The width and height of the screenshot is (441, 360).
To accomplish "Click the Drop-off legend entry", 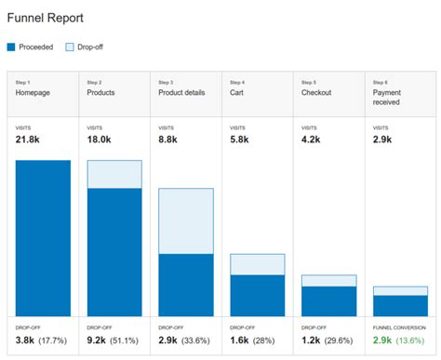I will point(88,46).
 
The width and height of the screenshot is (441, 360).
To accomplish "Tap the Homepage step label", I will point(34,93).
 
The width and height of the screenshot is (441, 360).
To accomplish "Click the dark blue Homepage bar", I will point(43,238).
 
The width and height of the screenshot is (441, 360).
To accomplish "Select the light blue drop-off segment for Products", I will point(114,174).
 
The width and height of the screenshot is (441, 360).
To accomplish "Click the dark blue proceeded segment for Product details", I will point(186,285).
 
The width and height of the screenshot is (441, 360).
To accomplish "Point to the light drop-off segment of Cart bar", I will point(258,264).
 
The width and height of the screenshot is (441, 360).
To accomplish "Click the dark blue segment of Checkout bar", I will point(328,301).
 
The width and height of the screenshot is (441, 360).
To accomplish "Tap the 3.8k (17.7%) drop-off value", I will point(42,342).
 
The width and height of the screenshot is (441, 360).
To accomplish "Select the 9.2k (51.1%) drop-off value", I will point(114,342).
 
